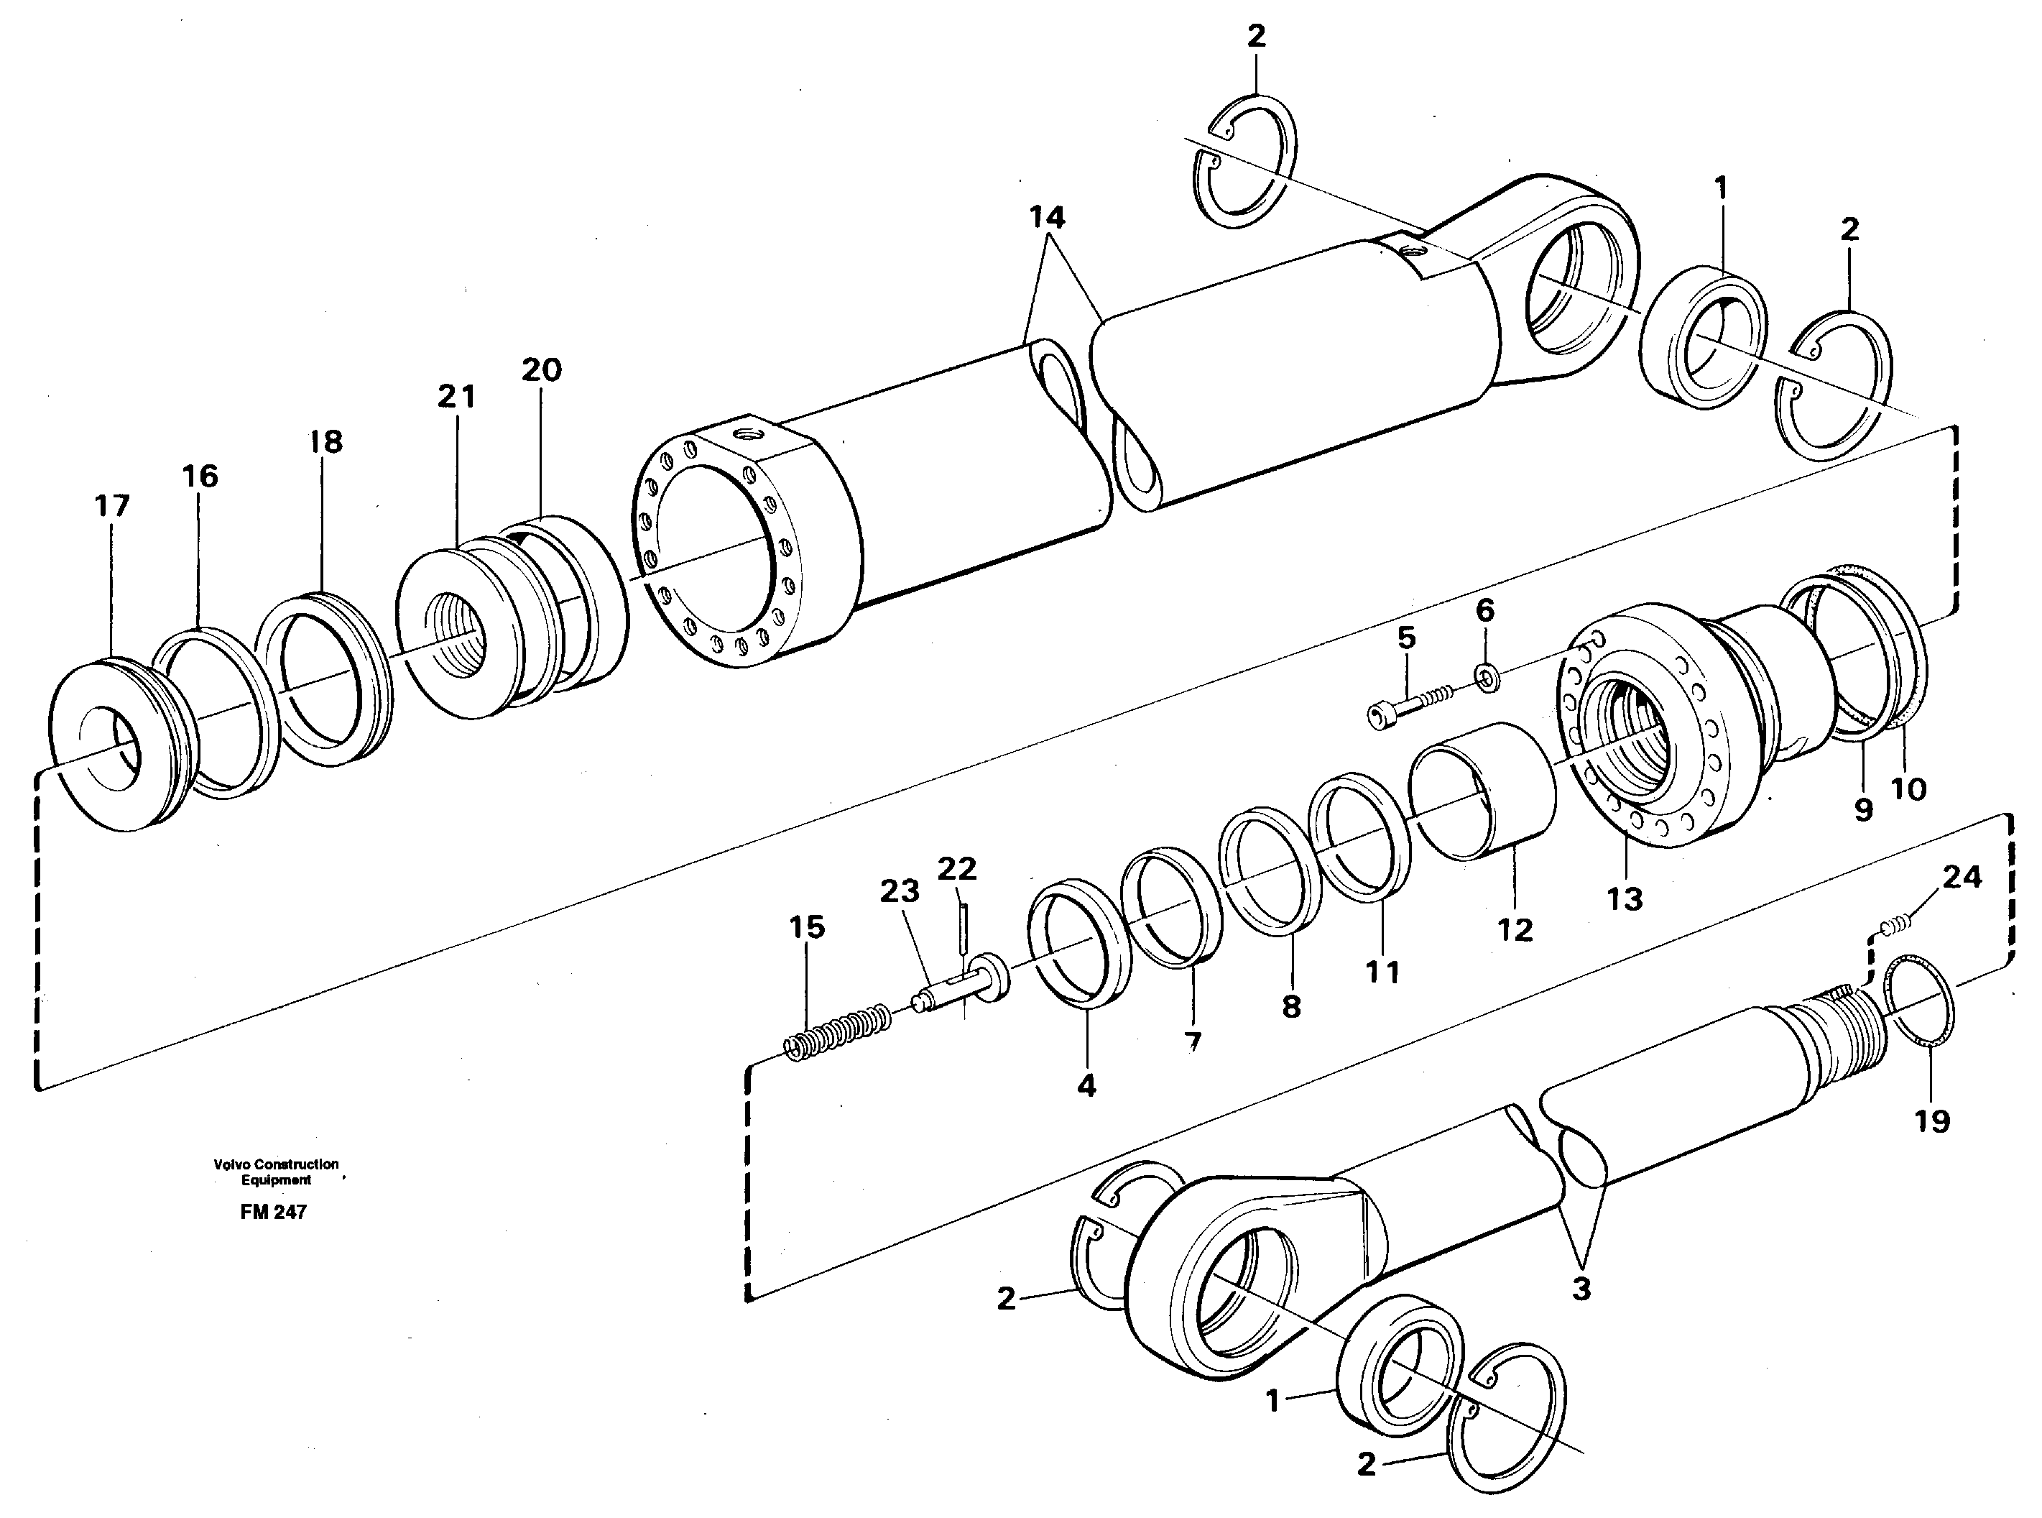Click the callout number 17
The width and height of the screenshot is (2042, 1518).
tap(112, 505)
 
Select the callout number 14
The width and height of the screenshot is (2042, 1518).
tap(1046, 218)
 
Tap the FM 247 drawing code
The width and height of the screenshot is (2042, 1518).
tap(273, 1212)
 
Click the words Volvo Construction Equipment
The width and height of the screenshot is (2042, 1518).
tap(276, 1172)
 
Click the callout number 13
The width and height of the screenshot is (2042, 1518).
tap(1623, 898)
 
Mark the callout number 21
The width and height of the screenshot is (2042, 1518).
tap(456, 397)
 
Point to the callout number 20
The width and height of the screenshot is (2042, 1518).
tap(541, 370)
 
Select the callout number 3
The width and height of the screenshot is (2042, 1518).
tap(1580, 1289)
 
